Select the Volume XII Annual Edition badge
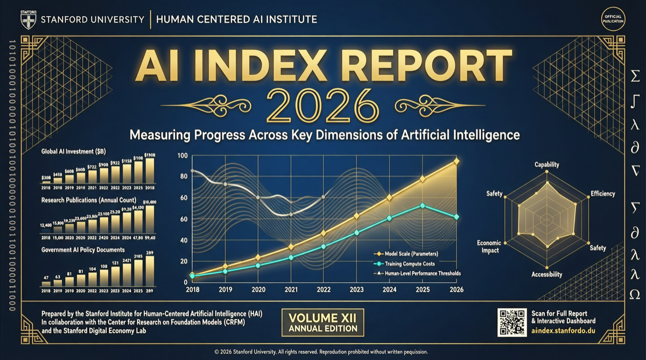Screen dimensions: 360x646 pyautogui.click(x=322, y=322)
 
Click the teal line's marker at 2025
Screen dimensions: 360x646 pyautogui.click(x=423, y=206)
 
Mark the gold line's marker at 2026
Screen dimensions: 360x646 pyautogui.click(x=457, y=161)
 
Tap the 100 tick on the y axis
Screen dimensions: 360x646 pyautogui.click(x=182, y=156)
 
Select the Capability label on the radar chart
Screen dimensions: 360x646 pyautogui.click(x=546, y=165)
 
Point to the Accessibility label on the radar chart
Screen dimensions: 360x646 pyautogui.click(x=546, y=274)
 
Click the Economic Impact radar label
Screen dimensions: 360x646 pyautogui.click(x=488, y=246)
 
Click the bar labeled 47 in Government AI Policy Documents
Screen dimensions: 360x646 pyautogui.click(x=46, y=283)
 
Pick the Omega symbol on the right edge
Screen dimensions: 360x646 pyautogui.click(x=635, y=294)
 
